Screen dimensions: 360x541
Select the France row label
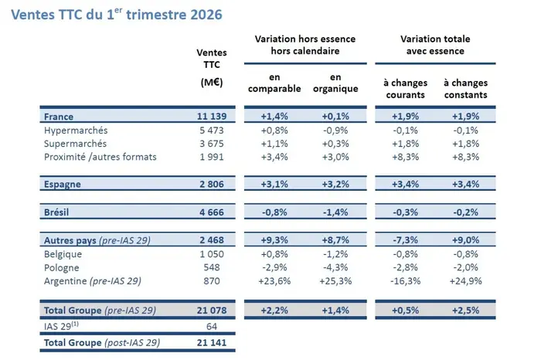click(60, 117)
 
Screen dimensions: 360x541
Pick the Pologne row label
click(64, 268)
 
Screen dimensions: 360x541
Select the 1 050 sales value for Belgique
click(211, 254)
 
